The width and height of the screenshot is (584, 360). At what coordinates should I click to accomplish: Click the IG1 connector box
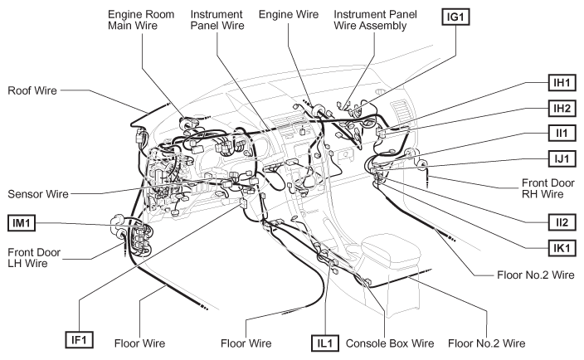[x=455, y=17]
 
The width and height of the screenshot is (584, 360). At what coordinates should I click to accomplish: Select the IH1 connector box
[x=562, y=83]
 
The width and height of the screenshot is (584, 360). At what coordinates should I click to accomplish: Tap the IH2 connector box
[x=562, y=109]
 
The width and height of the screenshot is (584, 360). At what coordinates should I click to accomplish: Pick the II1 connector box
[x=562, y=133]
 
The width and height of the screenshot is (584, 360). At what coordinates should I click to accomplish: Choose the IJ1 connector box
[x=562, y=158]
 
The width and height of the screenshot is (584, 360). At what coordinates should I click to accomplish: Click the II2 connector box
[x=562, y=222]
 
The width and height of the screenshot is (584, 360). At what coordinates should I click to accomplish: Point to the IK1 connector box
[x=562, y=248]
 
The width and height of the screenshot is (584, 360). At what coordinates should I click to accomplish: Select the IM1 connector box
[x=22, y=223]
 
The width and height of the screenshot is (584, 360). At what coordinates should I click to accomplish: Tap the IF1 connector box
[x=79, y=340]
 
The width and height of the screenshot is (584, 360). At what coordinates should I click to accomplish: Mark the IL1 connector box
[x=325, y=343]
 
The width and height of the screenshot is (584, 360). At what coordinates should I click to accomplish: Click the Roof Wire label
[x=32, y=90]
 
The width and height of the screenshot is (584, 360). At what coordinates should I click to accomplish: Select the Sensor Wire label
[x=38, y=194]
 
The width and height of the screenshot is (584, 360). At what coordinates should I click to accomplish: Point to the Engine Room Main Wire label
[x=141, y=20]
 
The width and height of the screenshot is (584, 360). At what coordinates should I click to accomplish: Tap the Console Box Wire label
[x=390, y=343]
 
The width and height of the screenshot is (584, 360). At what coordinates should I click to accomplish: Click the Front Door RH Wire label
[x=548, y=188]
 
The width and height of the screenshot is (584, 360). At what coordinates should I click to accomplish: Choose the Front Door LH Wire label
[x=34, y=258]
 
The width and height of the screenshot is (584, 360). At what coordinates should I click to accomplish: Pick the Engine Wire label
[x=289, y=15]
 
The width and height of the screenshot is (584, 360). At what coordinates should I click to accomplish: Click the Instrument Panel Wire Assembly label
[x=375, y=20]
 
